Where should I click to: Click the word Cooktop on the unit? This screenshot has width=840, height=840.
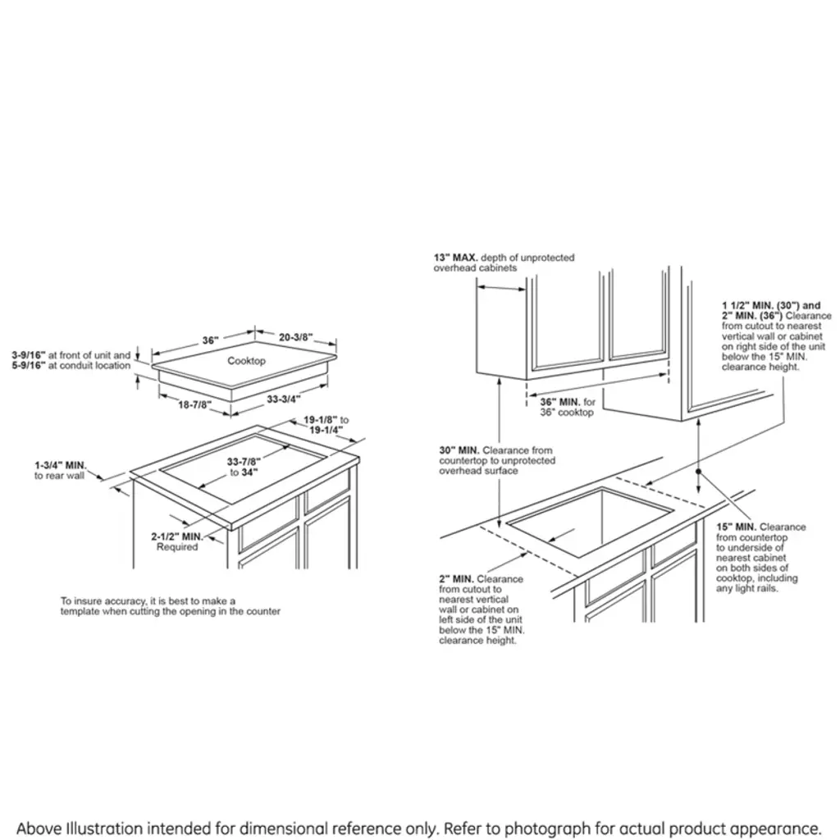tap(246, 361)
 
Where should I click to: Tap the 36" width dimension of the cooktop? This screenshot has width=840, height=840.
tap(211, 340)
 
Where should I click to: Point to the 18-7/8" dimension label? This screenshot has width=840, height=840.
tap(194, 405)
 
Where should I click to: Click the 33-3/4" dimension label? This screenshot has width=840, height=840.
tap(283, 399)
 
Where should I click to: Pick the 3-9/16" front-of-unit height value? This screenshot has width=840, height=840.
tap(29, 355)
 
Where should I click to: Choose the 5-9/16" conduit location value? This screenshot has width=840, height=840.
tap(29, 365)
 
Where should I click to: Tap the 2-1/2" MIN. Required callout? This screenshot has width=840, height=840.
tap(177, 541)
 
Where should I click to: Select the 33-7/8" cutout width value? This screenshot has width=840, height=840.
tap(244, 462)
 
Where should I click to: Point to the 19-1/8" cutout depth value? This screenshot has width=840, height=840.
tap(321, 420)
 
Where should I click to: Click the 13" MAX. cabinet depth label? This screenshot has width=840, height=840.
tap(456, 258)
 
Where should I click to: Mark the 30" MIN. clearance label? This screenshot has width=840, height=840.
tap(459, 450)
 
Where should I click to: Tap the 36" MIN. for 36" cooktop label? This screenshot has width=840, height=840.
tap(568, 407)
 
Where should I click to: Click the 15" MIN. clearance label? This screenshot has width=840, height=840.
tap(737, 527)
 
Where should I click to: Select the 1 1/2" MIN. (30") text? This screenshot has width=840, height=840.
tap(771, 305)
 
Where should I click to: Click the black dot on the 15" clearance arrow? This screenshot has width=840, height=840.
tap(699, 472)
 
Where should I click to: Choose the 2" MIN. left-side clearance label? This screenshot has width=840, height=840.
tap(456, 579)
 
